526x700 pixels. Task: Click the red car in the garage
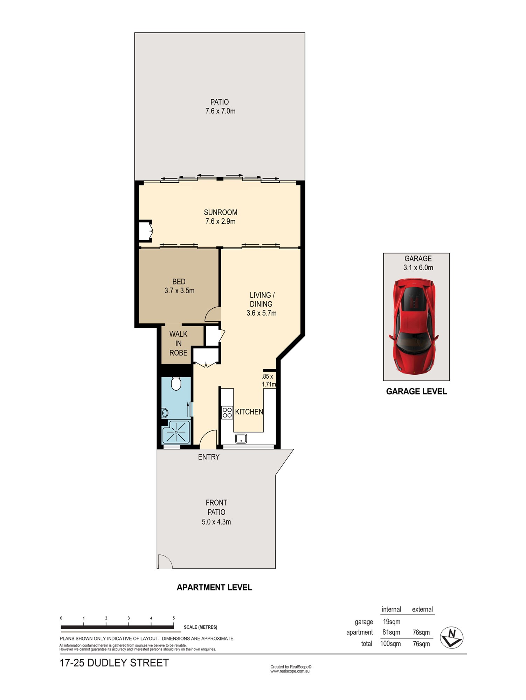(x=414, y=326)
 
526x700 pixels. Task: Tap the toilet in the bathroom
(x=176, y=384)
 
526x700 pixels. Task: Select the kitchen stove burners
(x=227, y=412)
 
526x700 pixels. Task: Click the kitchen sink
(x=241, y=438)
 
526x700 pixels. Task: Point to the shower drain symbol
(x=176, y=432)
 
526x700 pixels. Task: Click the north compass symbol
(x=451, y=637)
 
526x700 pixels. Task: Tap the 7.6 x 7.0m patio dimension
(x=220, y=111)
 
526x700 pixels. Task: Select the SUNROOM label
(x=221, y=212)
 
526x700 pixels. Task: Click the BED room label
(x=179, y=281)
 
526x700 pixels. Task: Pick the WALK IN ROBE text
(x=179, y=343)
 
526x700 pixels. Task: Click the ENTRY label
(x=209, y=457)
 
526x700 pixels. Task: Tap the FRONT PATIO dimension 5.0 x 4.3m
(x=216, y=522)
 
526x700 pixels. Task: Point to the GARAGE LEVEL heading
(x=416, y=391)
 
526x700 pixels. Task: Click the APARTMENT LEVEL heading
(x=214, y=587)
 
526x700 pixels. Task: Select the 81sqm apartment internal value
(x=391, y=632)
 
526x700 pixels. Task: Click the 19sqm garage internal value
(x=392, y=622)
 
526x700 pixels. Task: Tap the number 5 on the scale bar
(x=174, y=618)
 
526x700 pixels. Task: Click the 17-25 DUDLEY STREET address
(x=115, y=663)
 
